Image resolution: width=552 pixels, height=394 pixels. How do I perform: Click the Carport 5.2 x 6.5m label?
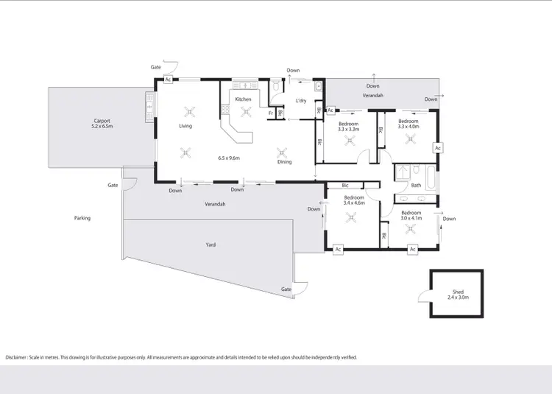(102, 124)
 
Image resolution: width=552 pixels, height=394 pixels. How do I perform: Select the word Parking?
(82, 218)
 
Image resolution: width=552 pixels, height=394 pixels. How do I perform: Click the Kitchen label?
(243, 99)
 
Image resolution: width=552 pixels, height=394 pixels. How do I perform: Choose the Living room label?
(185, 126)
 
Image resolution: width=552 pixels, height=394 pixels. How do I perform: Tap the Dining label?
(284, 162)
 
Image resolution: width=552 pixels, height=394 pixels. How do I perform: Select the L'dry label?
(300, 101)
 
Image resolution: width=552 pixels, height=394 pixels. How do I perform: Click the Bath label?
(416, 186)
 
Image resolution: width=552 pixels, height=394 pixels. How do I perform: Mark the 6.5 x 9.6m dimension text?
(230, 158)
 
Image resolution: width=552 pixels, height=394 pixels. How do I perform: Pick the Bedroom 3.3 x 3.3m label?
(348, 126)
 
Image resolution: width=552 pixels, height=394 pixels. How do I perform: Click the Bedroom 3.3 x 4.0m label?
(408, 123)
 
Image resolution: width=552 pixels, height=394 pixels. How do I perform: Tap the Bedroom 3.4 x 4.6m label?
(354, 200)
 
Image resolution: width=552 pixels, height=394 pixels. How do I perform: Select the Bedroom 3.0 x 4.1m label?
(411, 215)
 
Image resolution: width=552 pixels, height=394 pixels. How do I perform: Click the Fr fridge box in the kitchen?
(271, 113)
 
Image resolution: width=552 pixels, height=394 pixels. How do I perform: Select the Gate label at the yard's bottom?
(286, 289)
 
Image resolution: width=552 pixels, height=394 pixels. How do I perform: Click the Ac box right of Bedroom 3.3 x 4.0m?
(437, 148)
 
